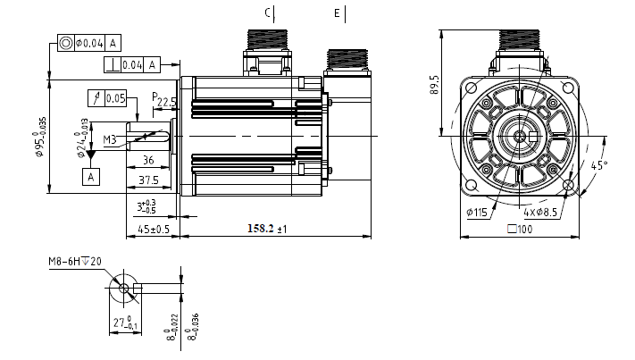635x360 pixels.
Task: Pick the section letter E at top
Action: click(x=337, y=13)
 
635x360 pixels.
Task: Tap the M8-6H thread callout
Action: click(x=75, y=262)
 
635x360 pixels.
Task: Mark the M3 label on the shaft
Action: click(x=110, y=139)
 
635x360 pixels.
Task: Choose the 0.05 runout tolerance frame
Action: click(x=108, y=97)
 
